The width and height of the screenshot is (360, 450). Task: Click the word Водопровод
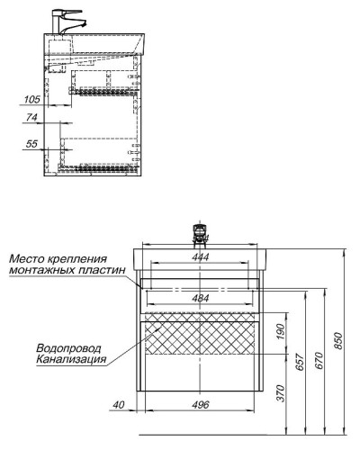click(x=68, y=348)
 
